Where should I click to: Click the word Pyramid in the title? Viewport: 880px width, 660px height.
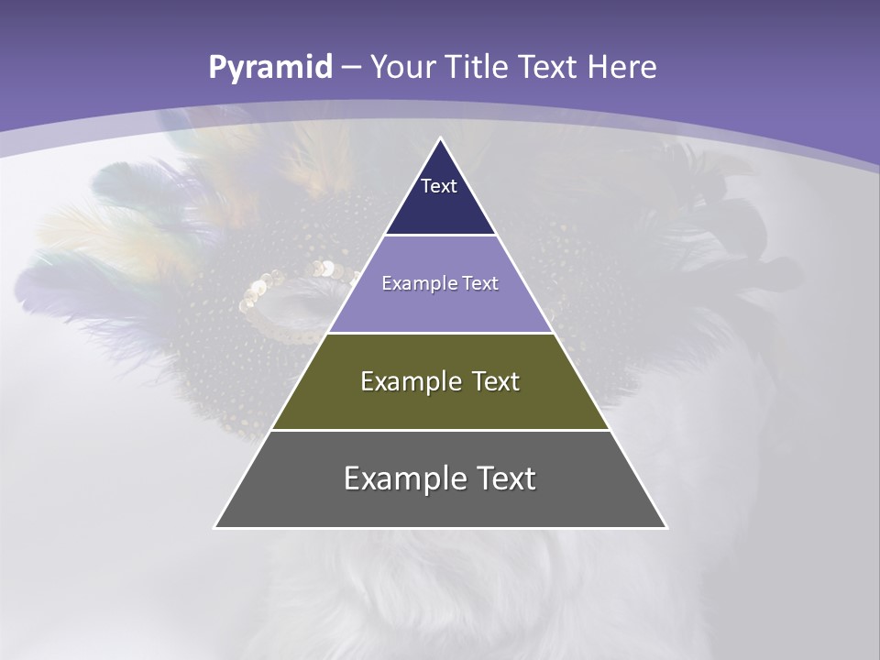(x=269, y=68)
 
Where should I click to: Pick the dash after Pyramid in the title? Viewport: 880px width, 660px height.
(x=350, y=68)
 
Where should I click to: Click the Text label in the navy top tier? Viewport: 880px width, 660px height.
(x=439, y=186)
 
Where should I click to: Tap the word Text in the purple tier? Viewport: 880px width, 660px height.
(x=480, y=283)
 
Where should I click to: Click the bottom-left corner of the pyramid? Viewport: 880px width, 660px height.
(x=215, y=527)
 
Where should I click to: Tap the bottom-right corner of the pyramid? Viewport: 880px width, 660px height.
(x=665, y=527)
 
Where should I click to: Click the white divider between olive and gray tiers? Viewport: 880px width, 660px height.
(x=441, y=430)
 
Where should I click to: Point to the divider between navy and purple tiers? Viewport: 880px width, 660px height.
(x=441, y=235)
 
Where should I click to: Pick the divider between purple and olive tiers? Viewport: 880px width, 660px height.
(x=441, y=333)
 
